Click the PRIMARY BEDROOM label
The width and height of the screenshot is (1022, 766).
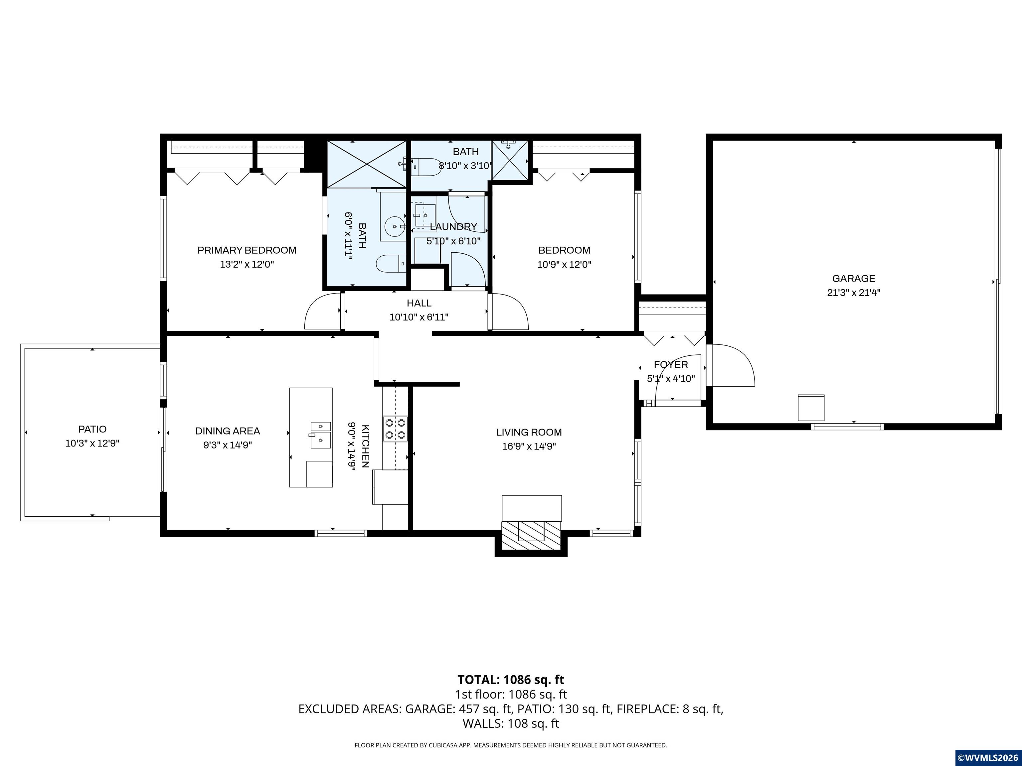click(x=247, y=250)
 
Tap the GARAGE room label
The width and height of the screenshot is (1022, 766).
click(x=853, y=278)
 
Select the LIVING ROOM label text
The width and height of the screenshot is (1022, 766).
click(x=529, y=432)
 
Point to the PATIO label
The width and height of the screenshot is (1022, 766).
click(x=92, y=429)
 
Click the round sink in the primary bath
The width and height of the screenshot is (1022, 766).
click(x=395, y=226)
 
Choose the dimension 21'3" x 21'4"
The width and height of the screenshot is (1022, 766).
click(x=853, y=292)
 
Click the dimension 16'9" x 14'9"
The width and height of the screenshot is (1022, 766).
click(x=529, y=447)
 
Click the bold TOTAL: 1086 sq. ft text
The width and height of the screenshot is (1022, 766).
click(x=511, y=680)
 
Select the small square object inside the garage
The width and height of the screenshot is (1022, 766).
click(x=811, y=407)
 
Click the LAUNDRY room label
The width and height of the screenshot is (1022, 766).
click(x=453, y=227)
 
